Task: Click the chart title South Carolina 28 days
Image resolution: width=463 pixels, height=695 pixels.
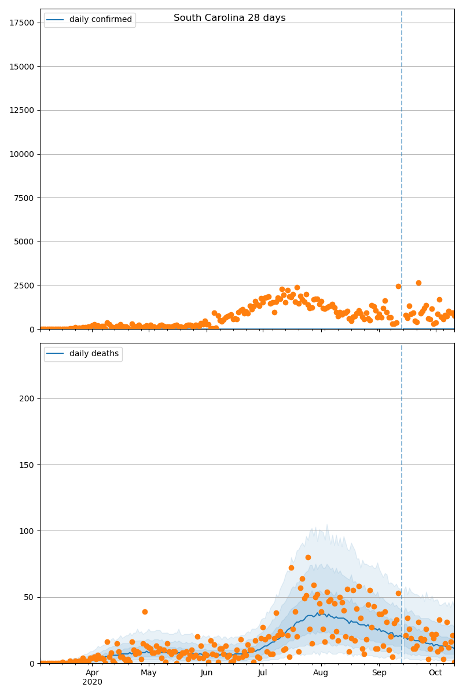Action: (x=229, y=18)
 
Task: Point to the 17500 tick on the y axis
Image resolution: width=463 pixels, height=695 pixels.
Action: (x=21, y=23)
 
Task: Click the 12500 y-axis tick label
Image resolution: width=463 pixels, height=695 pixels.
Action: (x=21, y=110)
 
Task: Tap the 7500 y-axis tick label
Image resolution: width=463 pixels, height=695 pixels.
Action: (x=24, y=198)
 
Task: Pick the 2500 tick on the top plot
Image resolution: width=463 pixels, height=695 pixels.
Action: (x=24, y=286)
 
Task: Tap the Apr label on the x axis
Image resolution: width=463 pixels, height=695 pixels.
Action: (x=93, y=673)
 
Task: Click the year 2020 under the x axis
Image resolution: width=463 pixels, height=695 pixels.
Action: (x=93, y=682)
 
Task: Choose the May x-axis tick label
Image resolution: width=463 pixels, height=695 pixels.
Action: (x=149, y=673)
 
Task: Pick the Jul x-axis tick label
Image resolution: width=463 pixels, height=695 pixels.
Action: (x=263, y=673)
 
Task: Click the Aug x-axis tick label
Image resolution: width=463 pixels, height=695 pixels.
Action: (x=321, y=673)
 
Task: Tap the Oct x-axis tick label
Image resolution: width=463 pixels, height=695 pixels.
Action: (x=436, y=673)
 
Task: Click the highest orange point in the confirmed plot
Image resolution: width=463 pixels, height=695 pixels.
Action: (x=418, y=283)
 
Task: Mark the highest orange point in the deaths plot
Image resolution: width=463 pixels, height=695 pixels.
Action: (x=308, y=557)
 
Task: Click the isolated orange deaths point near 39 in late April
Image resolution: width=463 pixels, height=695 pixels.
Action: (x=145, y=612)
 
